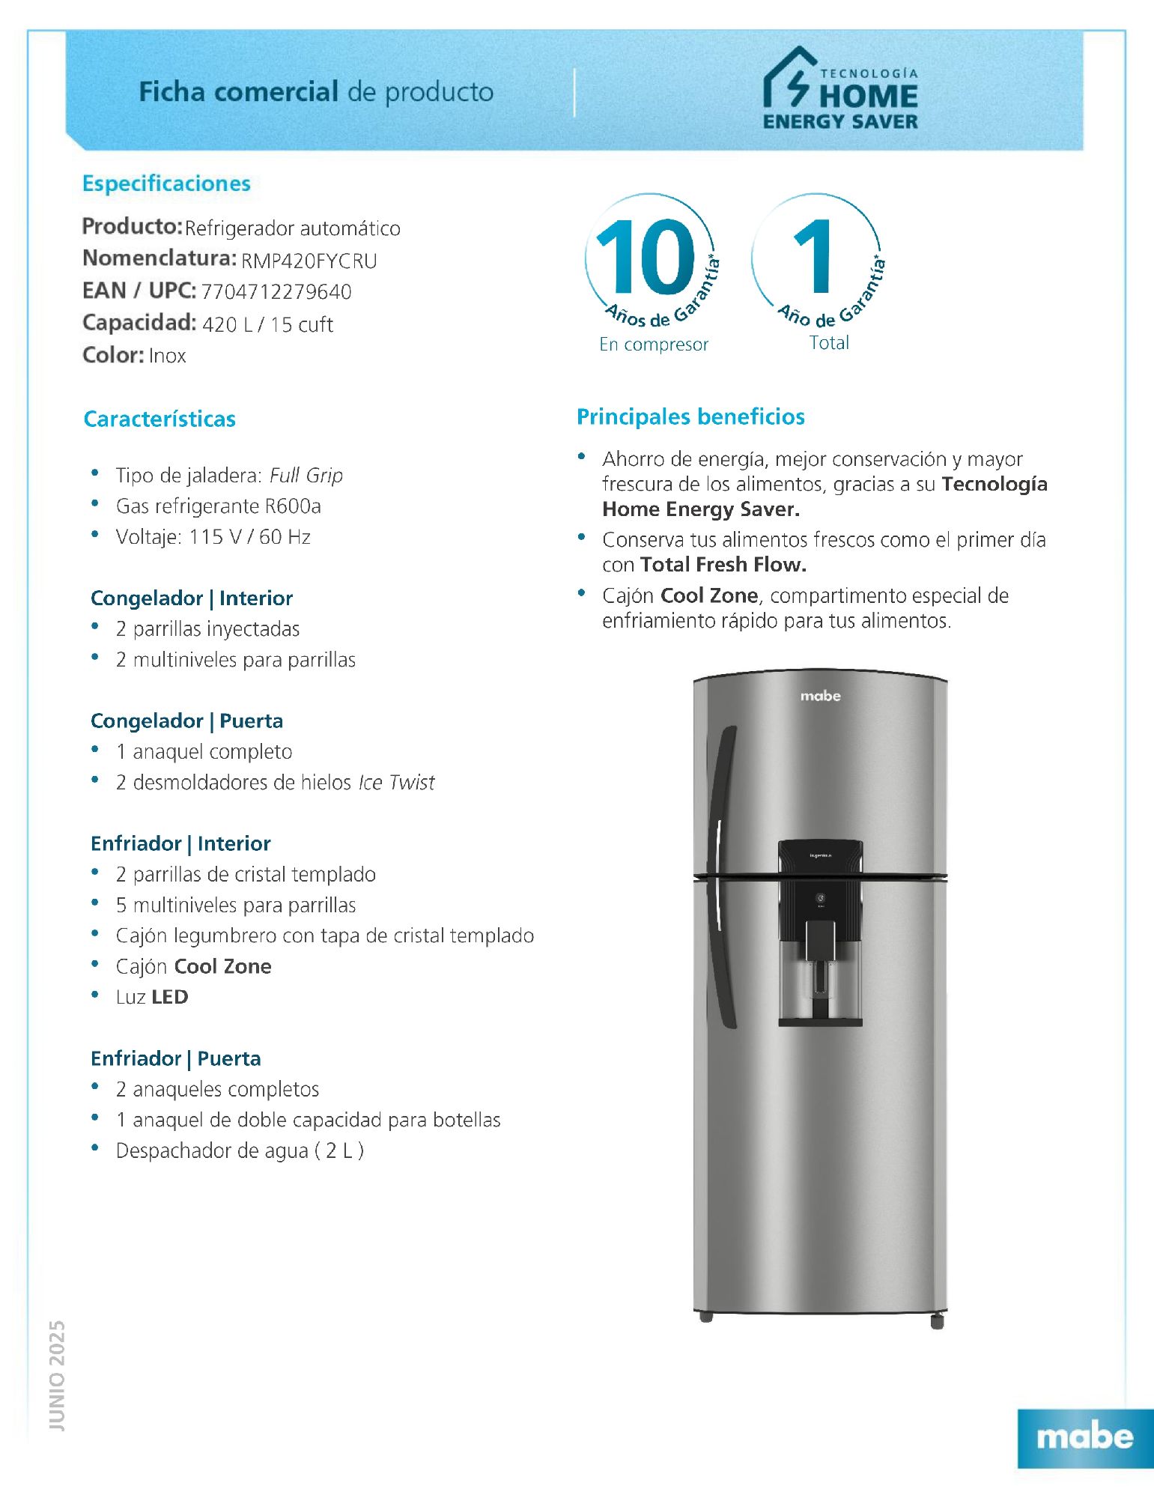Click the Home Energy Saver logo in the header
pyautogui.click(x=840, y=89)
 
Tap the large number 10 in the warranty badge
pyautogui.click(x=646, y=257)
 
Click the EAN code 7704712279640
pyautogui.click(x=276, y=291)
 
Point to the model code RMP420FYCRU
pyautogui.click(x=309, y=261)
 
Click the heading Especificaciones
pyautogui.click(x=166, y=184)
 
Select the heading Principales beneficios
pyautogui.click(x=690, y=416)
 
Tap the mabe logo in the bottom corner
pyautogui.click(x=1084, y=1437)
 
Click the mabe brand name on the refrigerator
pyautogui.click(x=820, y=696)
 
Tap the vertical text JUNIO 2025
pyautogui.click(x=57, y=1375)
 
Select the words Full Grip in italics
pyautogui.click(x=306, y=476)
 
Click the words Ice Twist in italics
pyautogui.click(x=396, y=783)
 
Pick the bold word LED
pyautogui.click(x=170, y=997)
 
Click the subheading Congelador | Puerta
pyautogui.click(x=186, y=721)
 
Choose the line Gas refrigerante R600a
pyautogui.click(x=218, y=506)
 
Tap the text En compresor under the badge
pyautogui.click(x=653, y=345)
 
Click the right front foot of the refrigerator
pyautogui.click(x=937, y=1321)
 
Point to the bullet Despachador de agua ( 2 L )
pyautogui.click(x=240, y=1150)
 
